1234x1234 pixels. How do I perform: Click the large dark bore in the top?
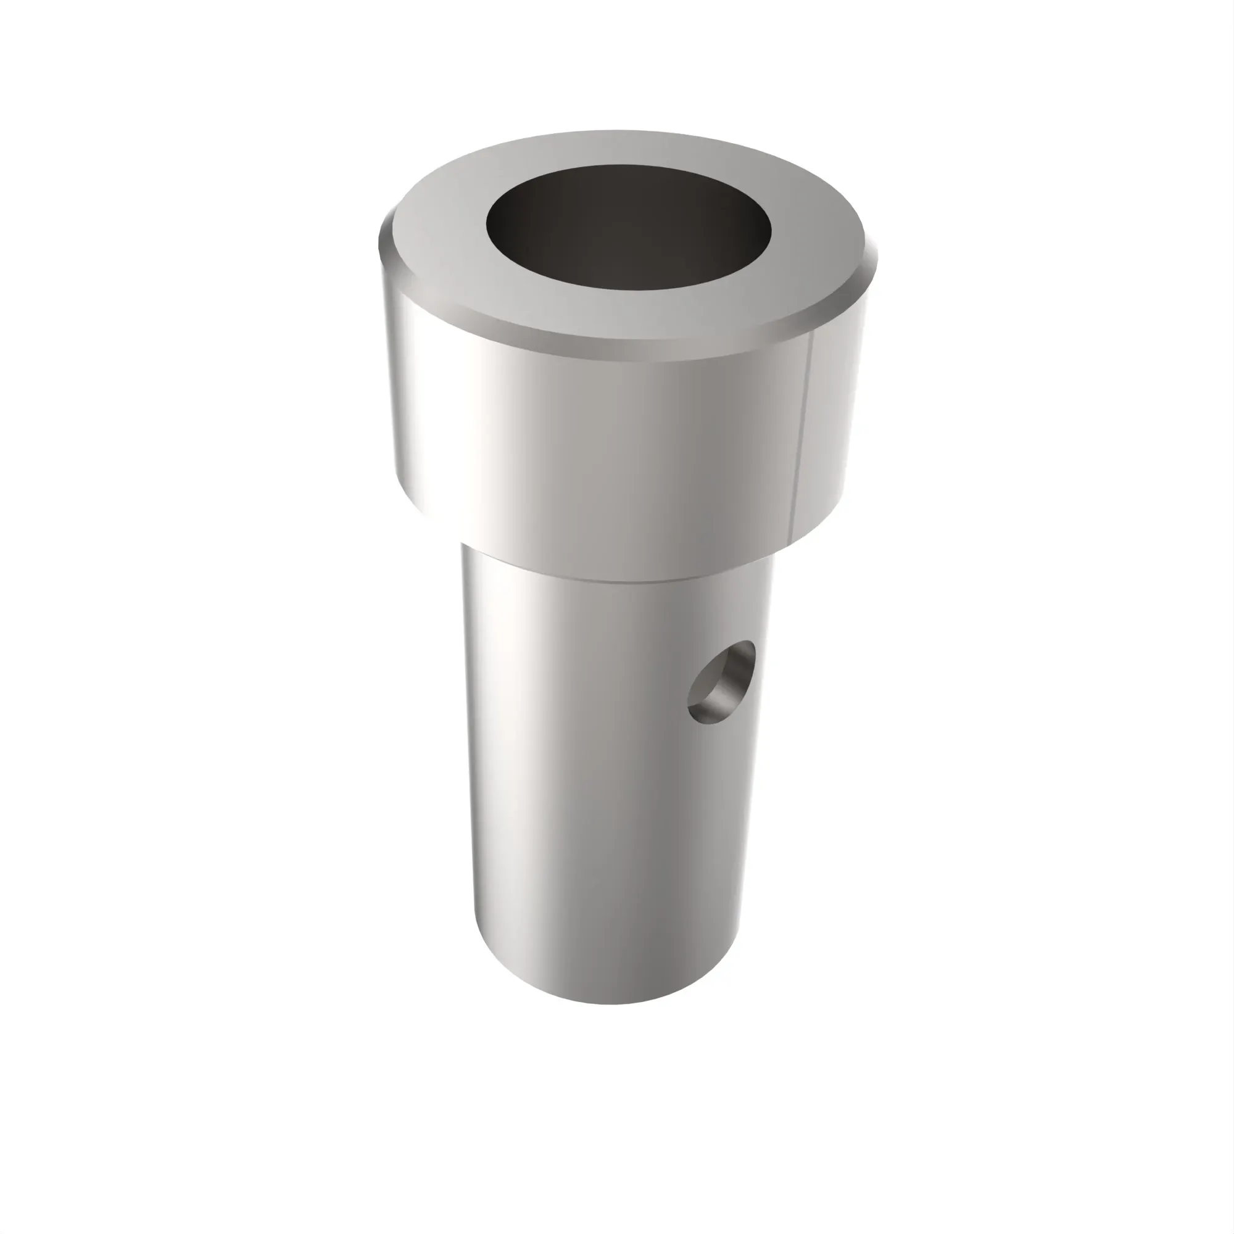(629, 226)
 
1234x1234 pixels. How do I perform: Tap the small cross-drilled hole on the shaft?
(721, 684)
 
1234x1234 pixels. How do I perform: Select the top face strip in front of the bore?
(629, 313)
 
